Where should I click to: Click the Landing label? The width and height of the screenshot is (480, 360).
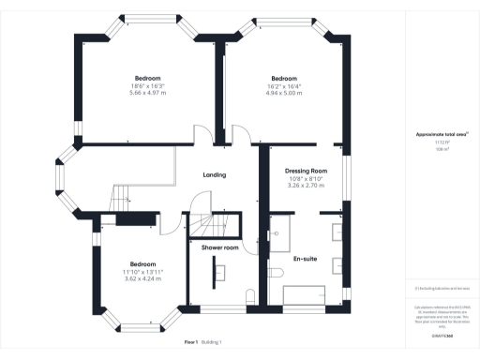click(x=216, y=175)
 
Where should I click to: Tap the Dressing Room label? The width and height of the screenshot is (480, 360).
click(x=305, y=171)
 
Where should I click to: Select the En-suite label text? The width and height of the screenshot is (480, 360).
click(x=304, y=257)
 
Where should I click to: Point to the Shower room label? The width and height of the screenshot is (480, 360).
click(x=220, y=247)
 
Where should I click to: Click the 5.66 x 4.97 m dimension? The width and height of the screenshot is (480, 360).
click(x=147, y=94)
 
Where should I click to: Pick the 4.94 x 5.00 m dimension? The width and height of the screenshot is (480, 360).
click(x=283, y=94)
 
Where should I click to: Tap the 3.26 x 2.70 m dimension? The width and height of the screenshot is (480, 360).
click(x=305, y=186)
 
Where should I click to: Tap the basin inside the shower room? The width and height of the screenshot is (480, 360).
click(x=221, y=272)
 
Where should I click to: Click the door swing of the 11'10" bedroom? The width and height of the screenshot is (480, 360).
click(x=170, y=222)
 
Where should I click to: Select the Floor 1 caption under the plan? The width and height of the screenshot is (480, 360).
click(x=191, y=342)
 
